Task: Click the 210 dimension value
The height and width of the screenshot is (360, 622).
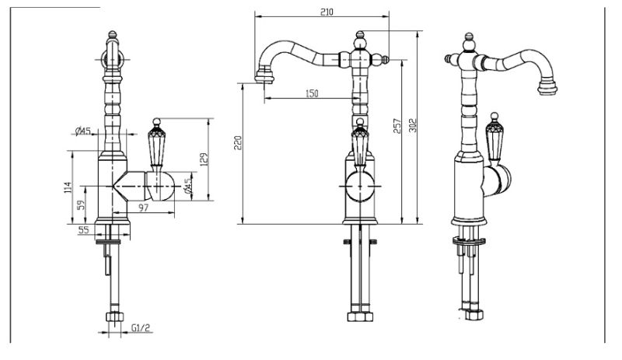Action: coord(327,12)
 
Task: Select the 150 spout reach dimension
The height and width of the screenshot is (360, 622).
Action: coord(312,93)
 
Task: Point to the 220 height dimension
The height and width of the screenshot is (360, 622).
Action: coord(238,143)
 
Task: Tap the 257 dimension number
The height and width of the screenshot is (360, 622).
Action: coord(397,126)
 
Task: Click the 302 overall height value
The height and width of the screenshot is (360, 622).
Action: coord(413,125)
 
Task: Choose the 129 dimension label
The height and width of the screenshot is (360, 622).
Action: coord(204,159)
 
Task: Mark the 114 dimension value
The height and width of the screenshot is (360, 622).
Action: coord(68,187)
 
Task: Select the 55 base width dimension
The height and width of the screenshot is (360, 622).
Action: coord(84,230)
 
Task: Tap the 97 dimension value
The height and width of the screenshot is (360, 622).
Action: coord(143,207)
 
